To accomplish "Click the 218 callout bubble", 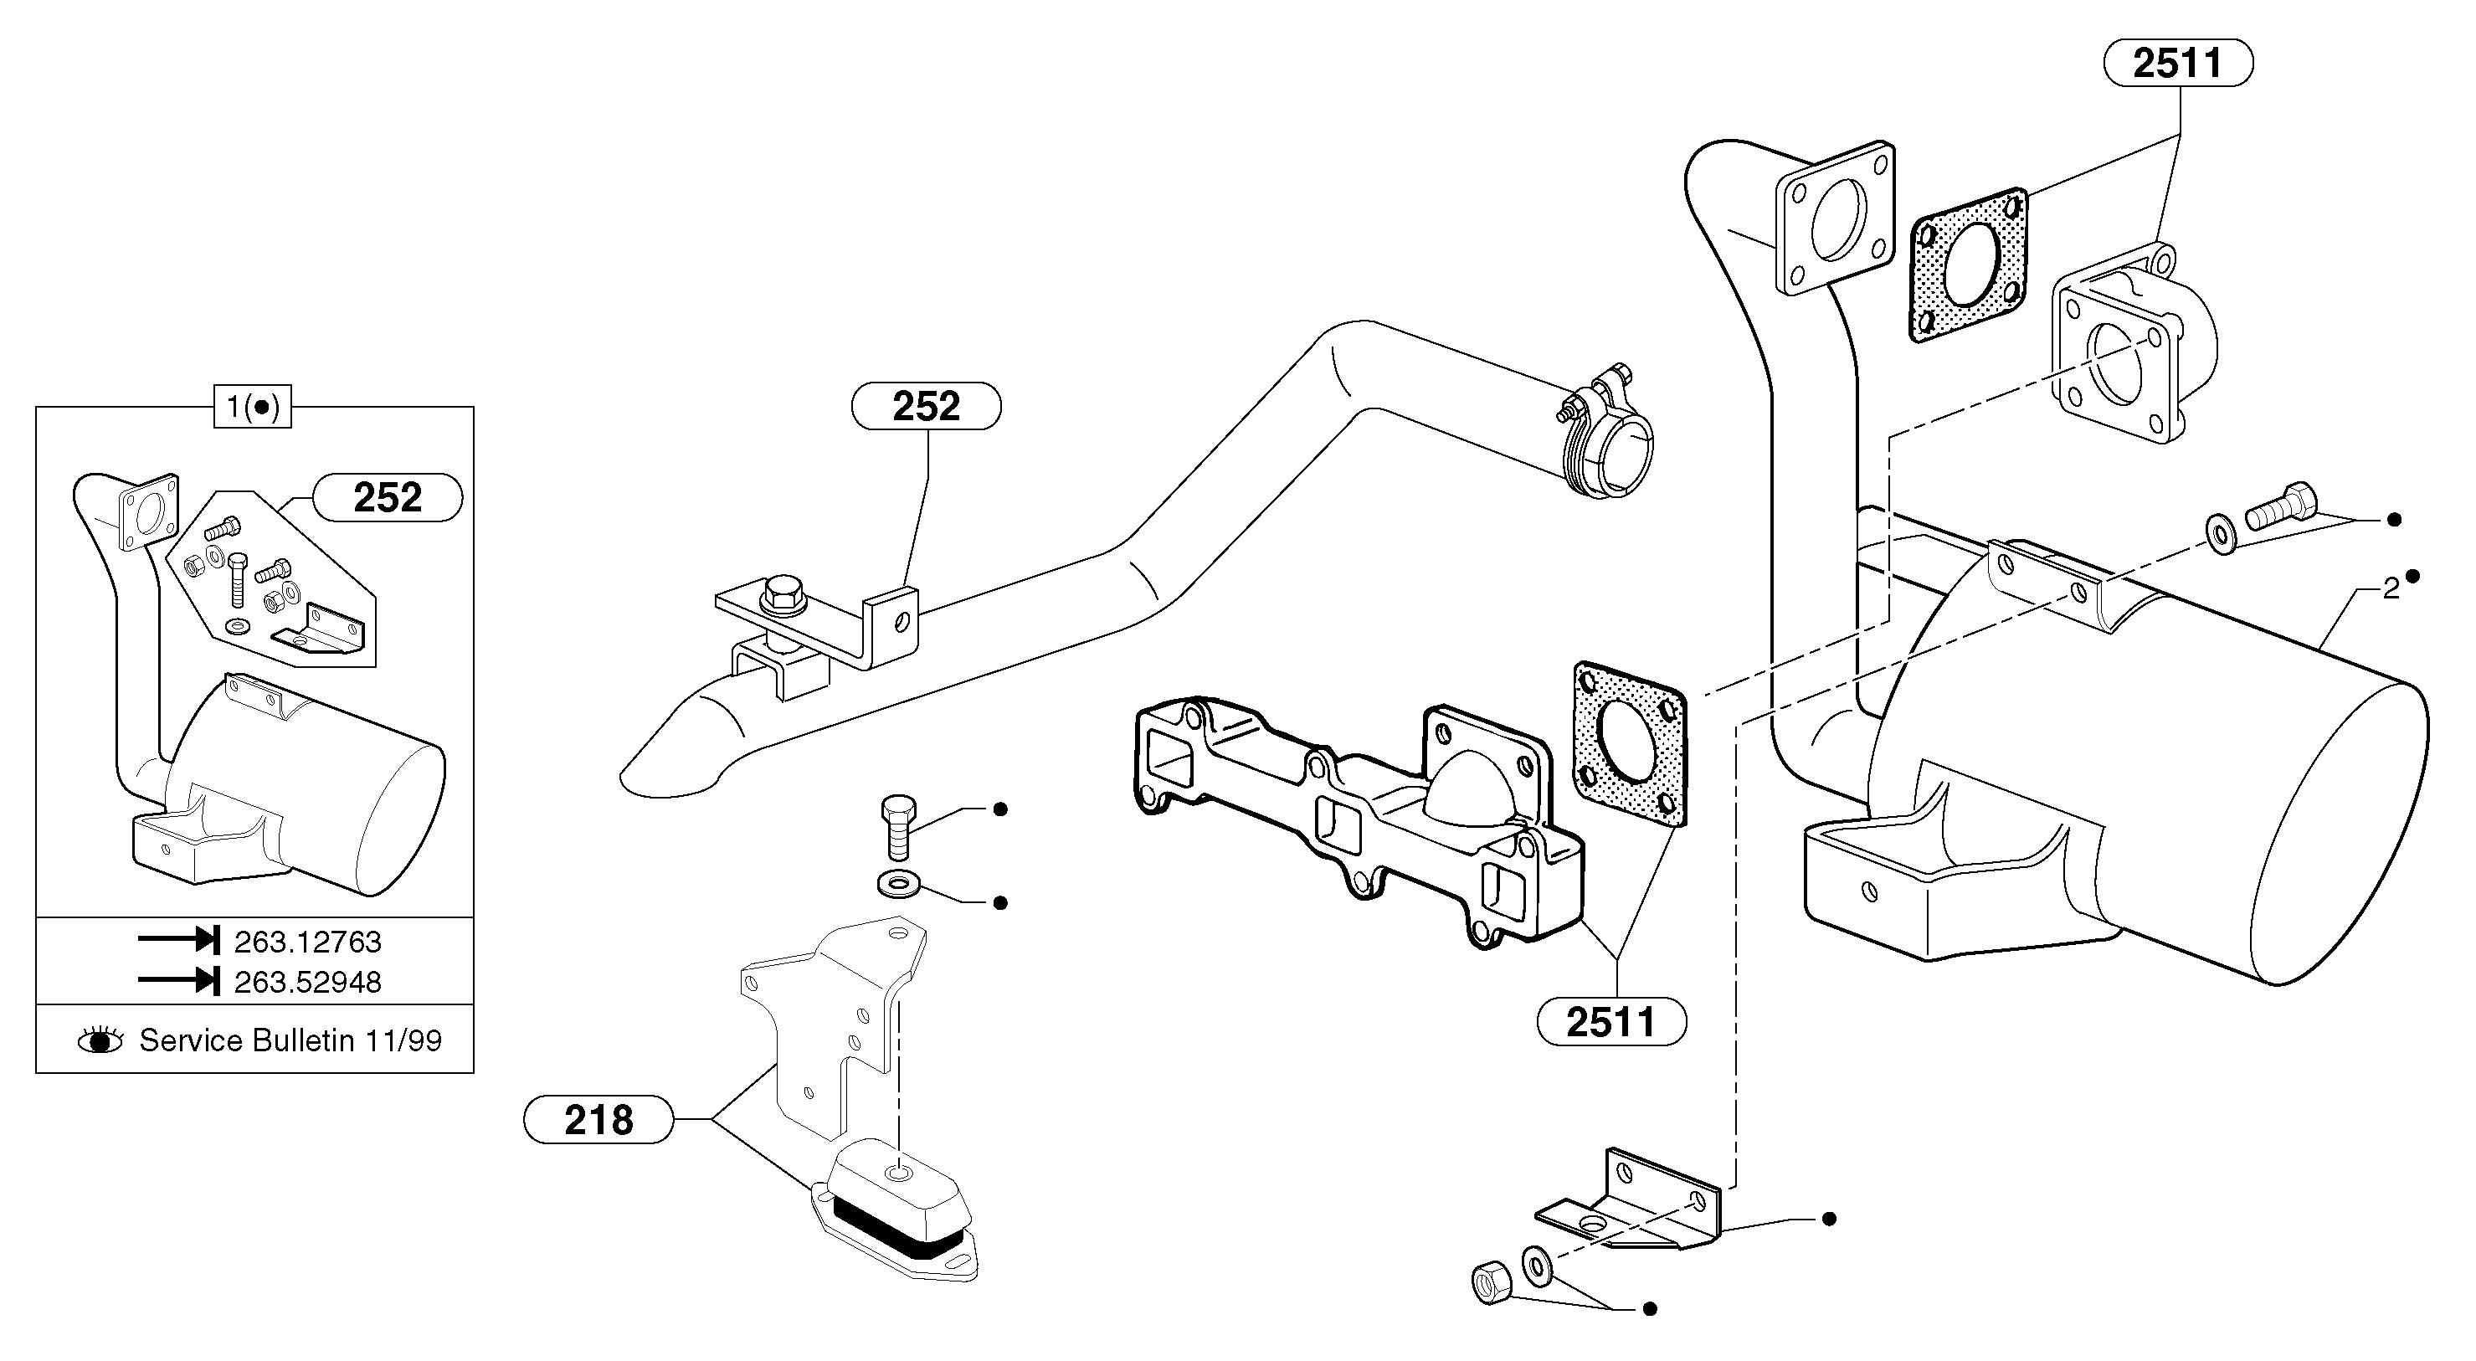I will pos(598,1120).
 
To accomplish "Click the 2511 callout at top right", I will pos(2178,64).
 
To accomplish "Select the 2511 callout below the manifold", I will pos(1612,1022).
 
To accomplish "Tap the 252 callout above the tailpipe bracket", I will pos(926,407).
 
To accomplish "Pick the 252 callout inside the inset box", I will pos(388,498).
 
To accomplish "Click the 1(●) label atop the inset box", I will pos(252,408).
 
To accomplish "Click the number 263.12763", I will pos(307,942).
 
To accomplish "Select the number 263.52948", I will pos(307,983).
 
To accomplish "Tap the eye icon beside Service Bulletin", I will pos(100,1040).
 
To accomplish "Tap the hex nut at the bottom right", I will pos(1491,1283).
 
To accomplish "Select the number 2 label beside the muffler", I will pos(2391,589).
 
